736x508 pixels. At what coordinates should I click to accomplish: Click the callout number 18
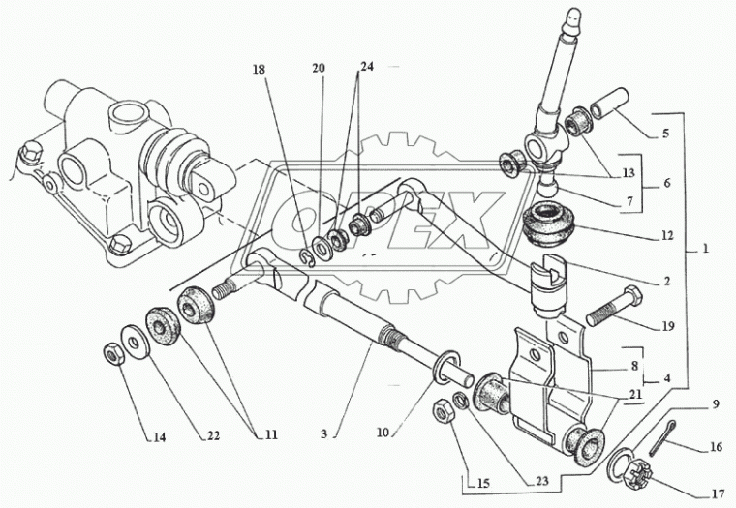click(x=258, y=70)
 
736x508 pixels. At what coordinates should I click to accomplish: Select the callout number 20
click(x=319, y=69)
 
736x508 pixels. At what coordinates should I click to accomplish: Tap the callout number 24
click(x=367, y=68)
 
